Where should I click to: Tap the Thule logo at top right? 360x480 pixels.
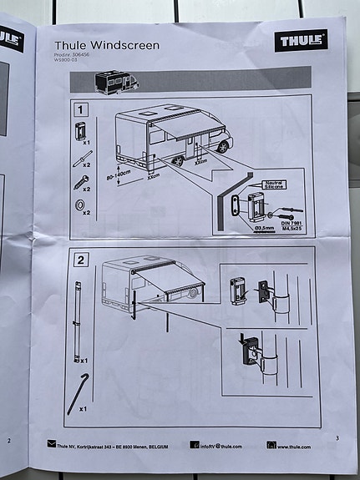click(x=301, y=41)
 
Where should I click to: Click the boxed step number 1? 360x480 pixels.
click(x=81, y=109)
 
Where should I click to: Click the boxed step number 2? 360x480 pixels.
click(x=81, y=260)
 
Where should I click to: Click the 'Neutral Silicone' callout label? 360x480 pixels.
click(x=275, y=184)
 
